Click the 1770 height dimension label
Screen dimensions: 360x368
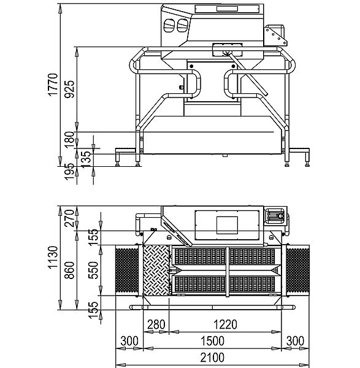53,85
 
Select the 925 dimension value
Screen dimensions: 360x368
69,89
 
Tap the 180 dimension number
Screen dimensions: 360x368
69,140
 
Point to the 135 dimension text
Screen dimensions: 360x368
86,159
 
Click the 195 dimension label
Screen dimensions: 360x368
69,172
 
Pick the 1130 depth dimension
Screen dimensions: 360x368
53,258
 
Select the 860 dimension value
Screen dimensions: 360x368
69,270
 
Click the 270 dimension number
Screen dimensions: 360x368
69,218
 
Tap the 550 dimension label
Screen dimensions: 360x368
93,270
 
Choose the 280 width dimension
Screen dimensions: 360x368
156,325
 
